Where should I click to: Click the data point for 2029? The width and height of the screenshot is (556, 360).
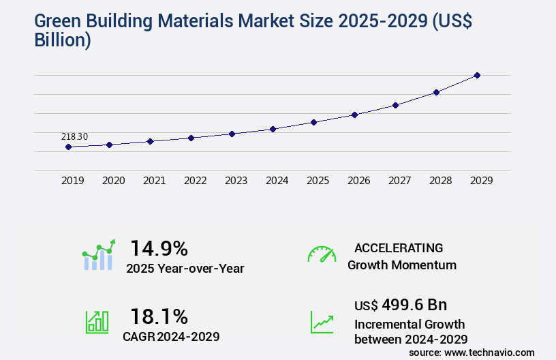[x=477, y=75]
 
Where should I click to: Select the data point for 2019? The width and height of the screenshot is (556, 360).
[x=68, y=147]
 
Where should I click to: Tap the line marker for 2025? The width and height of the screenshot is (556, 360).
[x=313, y=122]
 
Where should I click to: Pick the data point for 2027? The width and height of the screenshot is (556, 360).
[x=395, y=105]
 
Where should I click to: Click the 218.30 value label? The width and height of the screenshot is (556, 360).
[x=74, y=137]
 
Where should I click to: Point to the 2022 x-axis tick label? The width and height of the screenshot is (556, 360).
[x=195, y=181]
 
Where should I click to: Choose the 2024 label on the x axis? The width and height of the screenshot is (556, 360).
[x=277, y=181]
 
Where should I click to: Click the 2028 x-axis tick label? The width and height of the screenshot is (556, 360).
[x=440, y=181]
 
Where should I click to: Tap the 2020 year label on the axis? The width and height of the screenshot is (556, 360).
[x=113, y=181]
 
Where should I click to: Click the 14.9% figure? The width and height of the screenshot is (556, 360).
[x=159, y=247]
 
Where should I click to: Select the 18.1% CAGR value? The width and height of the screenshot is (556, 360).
[x=159, y=316]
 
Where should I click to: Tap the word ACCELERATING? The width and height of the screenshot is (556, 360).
[x=399, y=247]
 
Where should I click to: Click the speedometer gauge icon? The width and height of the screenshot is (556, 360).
[x=322, y=254]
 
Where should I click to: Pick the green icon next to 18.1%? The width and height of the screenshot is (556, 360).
[x=97, y=322]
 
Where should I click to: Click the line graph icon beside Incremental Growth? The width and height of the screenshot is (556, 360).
[x=322, y=322]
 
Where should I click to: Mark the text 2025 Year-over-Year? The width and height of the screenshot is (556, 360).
[x=185, y=269]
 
